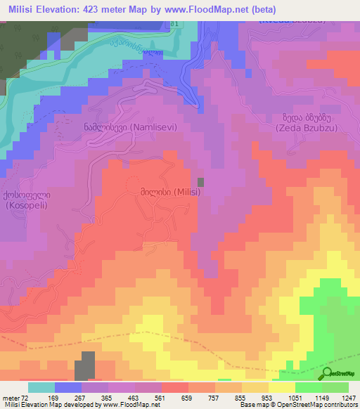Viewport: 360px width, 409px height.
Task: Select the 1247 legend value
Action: point(348,397)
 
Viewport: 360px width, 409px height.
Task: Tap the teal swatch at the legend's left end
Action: point(41,387)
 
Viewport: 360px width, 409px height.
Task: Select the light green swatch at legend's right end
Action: point(335,387)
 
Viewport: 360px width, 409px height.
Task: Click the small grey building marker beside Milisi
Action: point(200,182)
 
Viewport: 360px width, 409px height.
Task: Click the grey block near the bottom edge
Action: point(85,366)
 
